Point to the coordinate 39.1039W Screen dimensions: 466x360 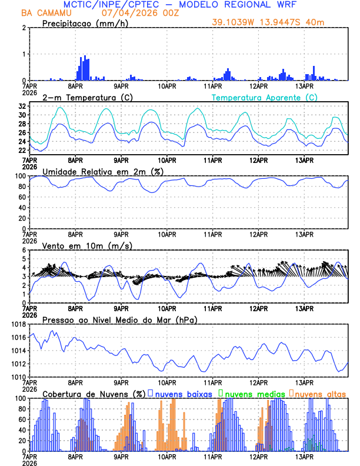[236, 22]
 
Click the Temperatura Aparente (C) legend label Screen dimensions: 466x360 [265, 96]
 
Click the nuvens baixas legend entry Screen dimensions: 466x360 [182, 394]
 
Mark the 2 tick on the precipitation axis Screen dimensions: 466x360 [24, 28]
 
